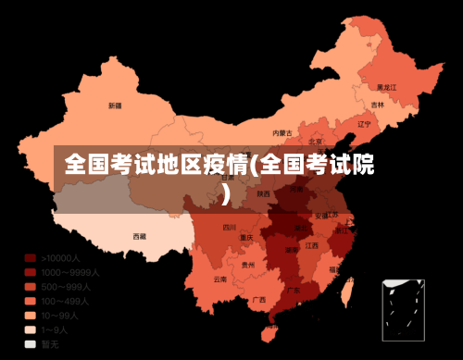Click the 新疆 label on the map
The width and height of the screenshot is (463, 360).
click(114, 106)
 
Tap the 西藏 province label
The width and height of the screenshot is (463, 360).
click(139, 236)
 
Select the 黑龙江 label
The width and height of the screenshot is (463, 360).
click(386, 86)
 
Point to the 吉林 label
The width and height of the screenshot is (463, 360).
click(377, 105)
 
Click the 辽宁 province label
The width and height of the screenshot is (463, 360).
click(363, 123)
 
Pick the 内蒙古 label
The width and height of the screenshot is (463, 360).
click(282, 132)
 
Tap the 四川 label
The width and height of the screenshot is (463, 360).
click(230, 227)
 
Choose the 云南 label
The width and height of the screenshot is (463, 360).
click(219, 278)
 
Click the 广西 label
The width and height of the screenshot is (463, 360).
click(258, 299)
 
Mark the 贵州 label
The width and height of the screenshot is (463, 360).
click(247, 265)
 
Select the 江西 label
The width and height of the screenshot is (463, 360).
click(311, 245)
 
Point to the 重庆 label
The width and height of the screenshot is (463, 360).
click(246, 238)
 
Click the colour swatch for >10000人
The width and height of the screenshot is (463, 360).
click(31, 258)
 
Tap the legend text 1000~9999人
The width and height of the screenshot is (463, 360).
click(70, 272)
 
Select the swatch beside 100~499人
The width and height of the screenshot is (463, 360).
click(31, 301)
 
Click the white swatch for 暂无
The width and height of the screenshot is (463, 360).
click(31, 343)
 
